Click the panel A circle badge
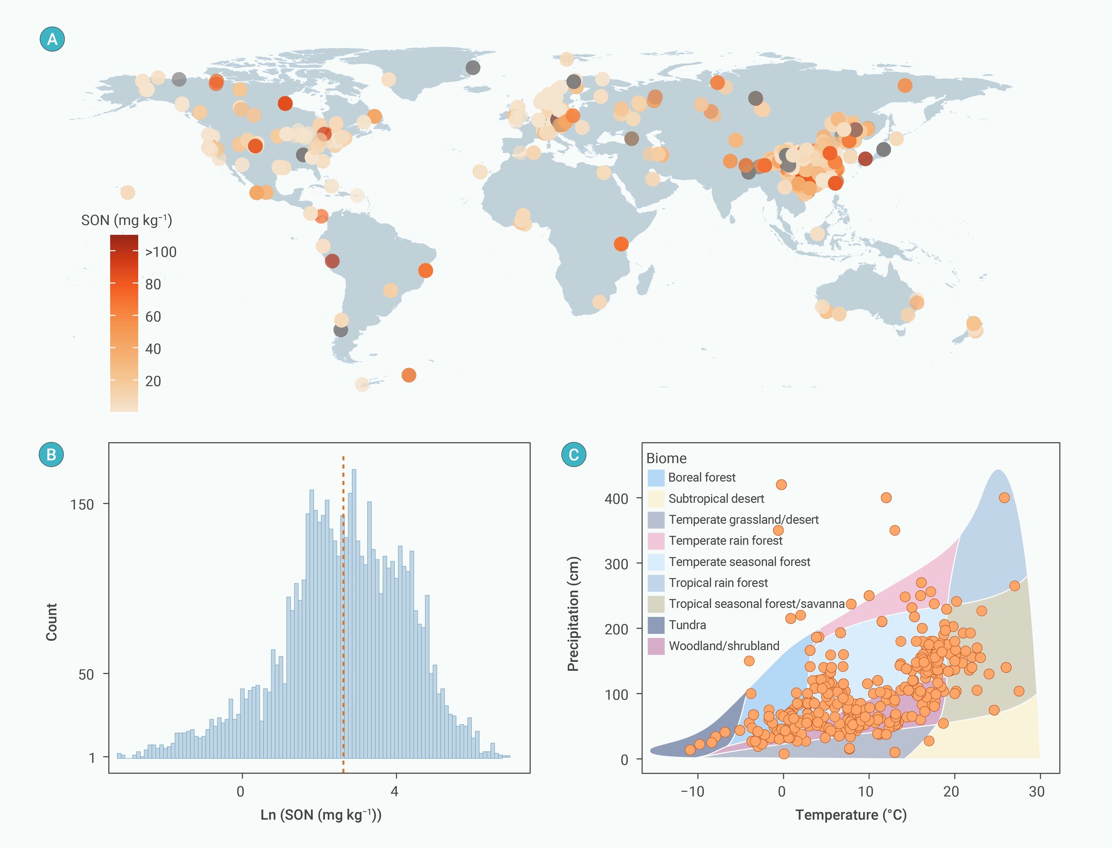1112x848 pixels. pyautogui.click(x=52, y=39)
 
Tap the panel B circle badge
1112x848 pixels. pyautogui.click(x=51, y=454)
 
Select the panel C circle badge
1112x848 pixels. pyautogui.click(x=574, y=454)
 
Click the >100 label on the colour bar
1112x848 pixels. pyautogui.click(x=160, y=252)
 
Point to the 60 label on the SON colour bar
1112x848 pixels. pyautogui.click(x=153, y=317)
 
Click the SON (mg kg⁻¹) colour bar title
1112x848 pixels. pyautogui.click(x=127, y=220)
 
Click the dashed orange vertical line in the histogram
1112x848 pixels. pyautogui.click(x=344, y=614)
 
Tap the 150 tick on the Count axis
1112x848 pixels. pyautogui.click(x=82, y=504)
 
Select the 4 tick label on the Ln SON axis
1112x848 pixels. pyautogui.click(x=395, y=791)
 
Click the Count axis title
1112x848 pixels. pyautogui.click(x=51, y=622)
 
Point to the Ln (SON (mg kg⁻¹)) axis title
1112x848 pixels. pyautogui.click(x=321, y=814)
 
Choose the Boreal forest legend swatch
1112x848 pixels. pyautogui.click(x=656, y=478)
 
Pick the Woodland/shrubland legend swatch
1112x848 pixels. pyautogui.click(x=656, y=646)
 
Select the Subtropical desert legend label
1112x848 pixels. pyautogui.click(x=716, y=499)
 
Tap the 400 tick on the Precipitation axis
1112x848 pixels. pyautogui.click(x=616, y=499)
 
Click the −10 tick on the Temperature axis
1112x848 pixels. pyautogui.click(x=692, y=791)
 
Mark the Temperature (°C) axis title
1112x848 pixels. pyautogui.click(x=851, y=814)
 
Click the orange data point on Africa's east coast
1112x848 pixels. pyautogui.click(x=621, y=244)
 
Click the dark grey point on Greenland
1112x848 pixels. pyautogui.click(x=473, y=67)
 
